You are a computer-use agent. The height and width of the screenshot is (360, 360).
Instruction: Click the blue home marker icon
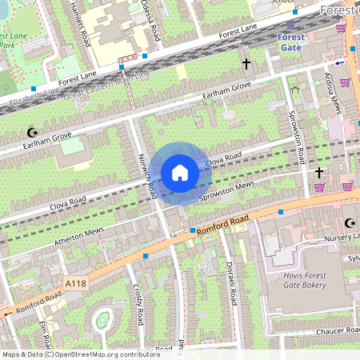(180, 173)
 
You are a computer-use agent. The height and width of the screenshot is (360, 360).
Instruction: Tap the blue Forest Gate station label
(290, 42)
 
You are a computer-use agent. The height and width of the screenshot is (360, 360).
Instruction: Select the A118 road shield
(74, 283)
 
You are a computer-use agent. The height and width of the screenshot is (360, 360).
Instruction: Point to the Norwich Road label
(146, 177)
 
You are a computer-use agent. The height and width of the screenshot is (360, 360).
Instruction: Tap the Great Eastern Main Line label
(109, 84)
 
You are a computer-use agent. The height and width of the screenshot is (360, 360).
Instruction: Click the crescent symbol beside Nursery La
(348, 223)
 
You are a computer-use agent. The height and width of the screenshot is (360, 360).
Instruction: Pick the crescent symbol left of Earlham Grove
(33, 132)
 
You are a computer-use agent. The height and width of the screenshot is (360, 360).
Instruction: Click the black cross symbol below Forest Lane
(246, 62)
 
